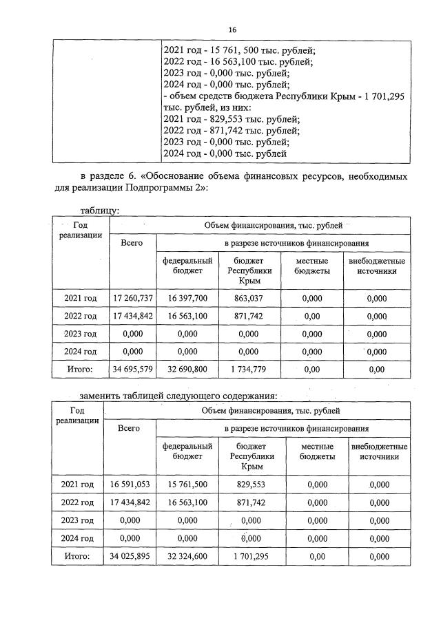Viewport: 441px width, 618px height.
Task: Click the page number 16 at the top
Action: (232, 30)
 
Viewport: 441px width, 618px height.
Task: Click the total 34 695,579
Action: (132, 370)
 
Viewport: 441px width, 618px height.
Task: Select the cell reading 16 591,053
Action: (130, 484)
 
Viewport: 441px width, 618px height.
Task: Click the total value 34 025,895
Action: (130, 556)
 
